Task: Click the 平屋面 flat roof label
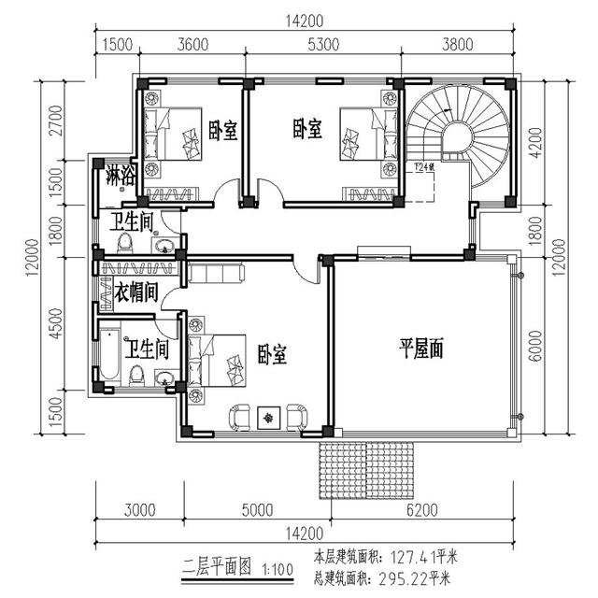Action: click(x=421, y=349)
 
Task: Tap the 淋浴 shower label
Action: click(x=119, y=174)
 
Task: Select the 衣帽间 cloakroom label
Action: click(x=135, y=292)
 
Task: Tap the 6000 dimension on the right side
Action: click(x=536, y=347)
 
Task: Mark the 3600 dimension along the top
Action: click(x=197, y=42)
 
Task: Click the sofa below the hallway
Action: click(x=216, y=273)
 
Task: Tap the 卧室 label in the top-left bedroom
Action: click(x=221, y=131)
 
